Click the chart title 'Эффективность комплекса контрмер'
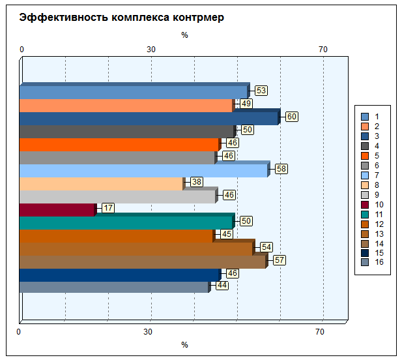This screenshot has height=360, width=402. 122,18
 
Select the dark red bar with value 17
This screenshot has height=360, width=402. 57,209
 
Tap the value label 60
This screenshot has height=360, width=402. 291,117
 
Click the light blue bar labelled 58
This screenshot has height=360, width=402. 143,170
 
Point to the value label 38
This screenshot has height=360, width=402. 196,182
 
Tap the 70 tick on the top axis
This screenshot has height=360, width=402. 323,50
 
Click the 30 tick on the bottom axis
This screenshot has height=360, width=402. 148,332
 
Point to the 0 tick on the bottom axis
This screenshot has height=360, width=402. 19,332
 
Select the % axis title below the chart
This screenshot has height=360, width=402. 184,344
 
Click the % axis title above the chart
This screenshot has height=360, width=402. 184,35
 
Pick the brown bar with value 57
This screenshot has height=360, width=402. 143,262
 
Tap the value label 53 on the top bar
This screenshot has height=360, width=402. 261,91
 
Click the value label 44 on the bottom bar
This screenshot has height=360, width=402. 222,286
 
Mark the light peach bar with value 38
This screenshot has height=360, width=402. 101,183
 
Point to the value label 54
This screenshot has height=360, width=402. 266,247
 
